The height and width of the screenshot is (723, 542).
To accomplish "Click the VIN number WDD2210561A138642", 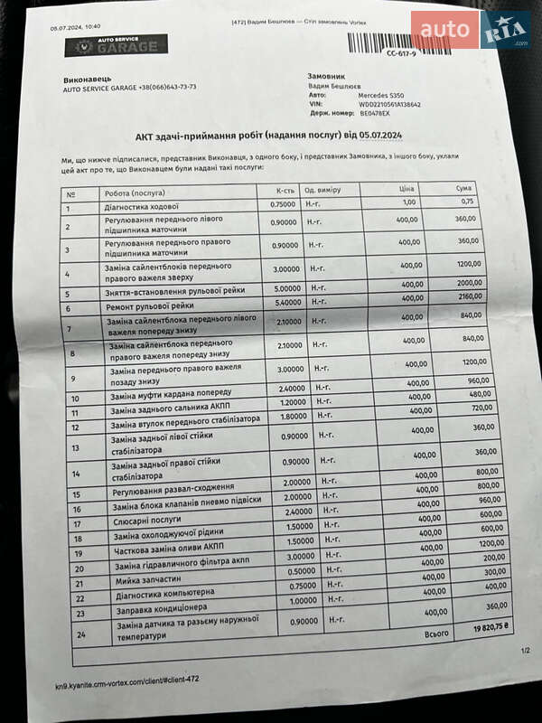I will coord(389,104).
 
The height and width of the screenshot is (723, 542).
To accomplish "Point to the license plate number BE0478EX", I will coord(377,114).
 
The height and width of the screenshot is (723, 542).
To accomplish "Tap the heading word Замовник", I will coord(326,78).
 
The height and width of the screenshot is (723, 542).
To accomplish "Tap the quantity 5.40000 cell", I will coord(286,303).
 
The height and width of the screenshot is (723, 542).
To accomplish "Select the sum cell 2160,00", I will coord(468,296).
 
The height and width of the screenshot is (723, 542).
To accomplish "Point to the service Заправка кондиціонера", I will coord(162,608).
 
